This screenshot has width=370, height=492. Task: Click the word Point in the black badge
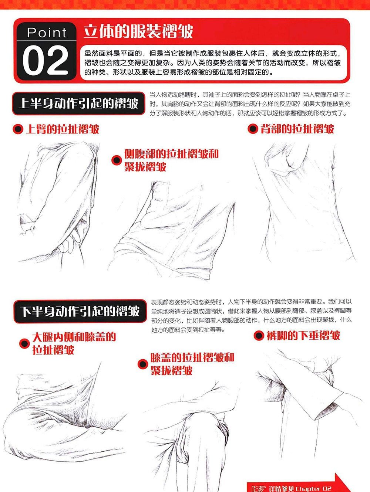[47, 33]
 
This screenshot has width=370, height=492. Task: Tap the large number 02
[46, 60]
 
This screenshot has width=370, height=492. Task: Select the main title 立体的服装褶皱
[138, 31]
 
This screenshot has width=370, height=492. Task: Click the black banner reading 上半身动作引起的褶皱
[78, 104]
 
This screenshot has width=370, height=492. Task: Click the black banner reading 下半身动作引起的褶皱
[80, 311]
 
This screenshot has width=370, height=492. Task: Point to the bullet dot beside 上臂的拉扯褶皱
[18, 129]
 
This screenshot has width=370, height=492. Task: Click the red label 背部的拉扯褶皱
[297, 129]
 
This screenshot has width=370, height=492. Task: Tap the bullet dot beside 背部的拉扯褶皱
[253, 129]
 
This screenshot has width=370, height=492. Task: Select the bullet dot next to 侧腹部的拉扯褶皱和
[117, 160]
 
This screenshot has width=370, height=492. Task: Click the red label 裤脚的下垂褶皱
[303, 336]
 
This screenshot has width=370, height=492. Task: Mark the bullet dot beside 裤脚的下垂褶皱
[259, 336]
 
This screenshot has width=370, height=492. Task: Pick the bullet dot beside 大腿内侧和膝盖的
[24, 344]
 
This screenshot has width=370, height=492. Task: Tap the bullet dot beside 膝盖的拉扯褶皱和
[143, 364]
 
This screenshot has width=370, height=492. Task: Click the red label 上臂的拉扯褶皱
[63, 129]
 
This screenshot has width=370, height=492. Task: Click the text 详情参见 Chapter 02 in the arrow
[300, 488]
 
